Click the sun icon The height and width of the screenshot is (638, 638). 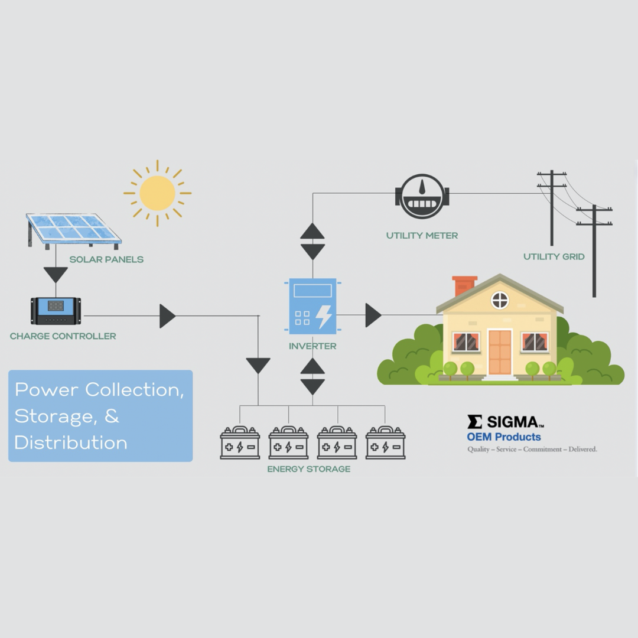coord(157,193)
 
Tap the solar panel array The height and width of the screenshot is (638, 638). coord(74,229)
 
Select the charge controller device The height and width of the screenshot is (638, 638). coord(56,311)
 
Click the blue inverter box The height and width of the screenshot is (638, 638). coord(313,306)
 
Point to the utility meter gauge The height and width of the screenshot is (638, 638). coord(422,196)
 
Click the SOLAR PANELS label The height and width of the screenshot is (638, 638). coord(106,259)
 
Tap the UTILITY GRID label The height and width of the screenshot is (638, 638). coord(554,256)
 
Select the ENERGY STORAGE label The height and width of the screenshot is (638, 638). coord(308,469)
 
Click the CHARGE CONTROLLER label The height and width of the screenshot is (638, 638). coord(63,336)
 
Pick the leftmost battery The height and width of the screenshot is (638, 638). coord(240,443)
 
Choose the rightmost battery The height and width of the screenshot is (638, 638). coord(385,443)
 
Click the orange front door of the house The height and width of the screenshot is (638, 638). coord(500,352)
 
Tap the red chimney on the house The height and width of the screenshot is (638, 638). coord(464,285)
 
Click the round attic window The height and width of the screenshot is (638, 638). coord(500,301)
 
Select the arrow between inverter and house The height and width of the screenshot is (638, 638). coord(373,315)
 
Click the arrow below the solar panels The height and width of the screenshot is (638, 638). coord(56,275)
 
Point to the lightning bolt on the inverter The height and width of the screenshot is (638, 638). coord(324,317)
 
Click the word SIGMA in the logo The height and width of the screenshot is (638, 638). coord(512,422)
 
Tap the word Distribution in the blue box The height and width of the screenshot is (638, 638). coord(71,442)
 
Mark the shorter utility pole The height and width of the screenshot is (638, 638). coord(594,251)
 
